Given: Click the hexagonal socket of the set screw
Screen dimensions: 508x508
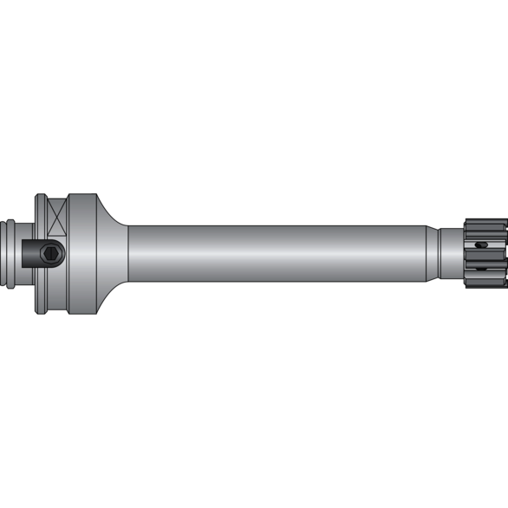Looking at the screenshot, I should pos(52,254).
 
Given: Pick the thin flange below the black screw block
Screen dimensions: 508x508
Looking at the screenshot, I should pos(41,290).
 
